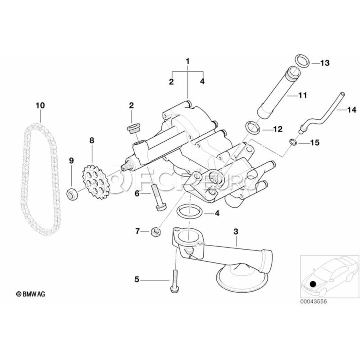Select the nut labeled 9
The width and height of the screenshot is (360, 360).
tap(72, 194)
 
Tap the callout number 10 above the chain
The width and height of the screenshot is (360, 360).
tap(40, 106)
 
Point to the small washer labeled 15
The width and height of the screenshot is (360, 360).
tap(293, 141)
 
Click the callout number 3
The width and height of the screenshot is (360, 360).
tap(236, 231)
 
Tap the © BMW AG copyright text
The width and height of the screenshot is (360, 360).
tap(31, 294)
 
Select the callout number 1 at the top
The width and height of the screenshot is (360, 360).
tap(187, 61)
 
